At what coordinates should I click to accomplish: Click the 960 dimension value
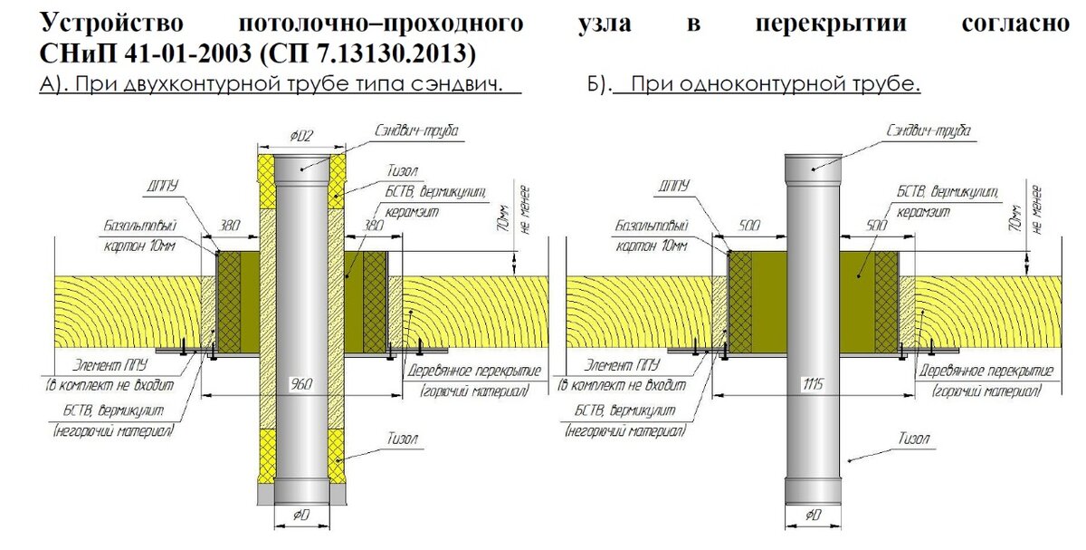click(301, 384)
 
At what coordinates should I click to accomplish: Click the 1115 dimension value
click(813, 384)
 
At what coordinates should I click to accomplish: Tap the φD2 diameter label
click(301, 136)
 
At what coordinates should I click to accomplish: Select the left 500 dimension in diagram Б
click(749, 226)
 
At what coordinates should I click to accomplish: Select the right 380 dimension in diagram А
click(372, 226)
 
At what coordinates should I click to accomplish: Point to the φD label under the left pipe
click(301, 515)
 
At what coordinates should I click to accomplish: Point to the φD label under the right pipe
click(813, 515)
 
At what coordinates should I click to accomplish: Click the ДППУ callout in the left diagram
click(162, 186)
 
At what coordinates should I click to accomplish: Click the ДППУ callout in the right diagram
click(674, 186)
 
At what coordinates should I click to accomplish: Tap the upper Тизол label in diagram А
click(403, 171)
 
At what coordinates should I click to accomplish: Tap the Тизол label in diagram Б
click(914, 439)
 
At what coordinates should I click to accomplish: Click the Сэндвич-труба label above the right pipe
click(929, 130)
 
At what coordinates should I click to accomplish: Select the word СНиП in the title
click(78, 53)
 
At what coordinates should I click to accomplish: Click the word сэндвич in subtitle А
click(457, 84)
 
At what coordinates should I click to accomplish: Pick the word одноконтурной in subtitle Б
click(742, 84)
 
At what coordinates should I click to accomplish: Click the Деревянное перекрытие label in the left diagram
click(473, 371)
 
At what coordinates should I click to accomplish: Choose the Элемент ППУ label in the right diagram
click(621, 365)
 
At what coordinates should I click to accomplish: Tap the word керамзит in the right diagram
click(923, 212)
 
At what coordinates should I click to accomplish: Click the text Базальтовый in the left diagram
click(140, 226)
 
